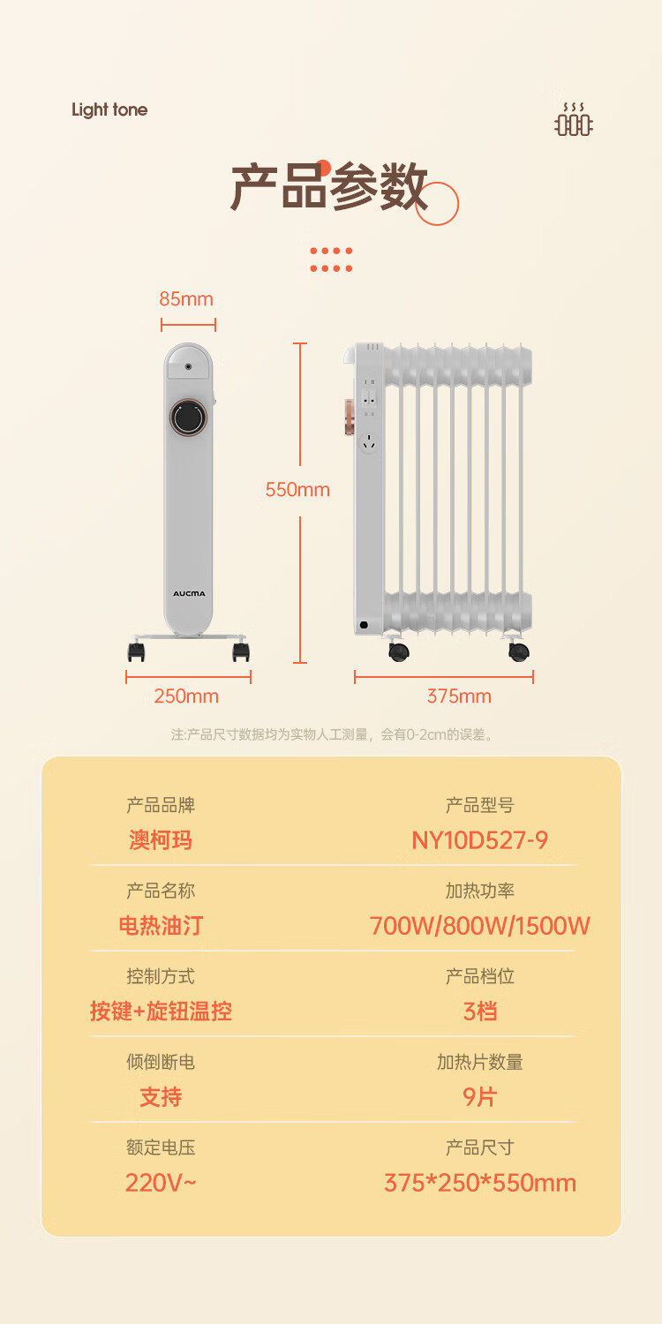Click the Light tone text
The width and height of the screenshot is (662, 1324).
pos(109,110)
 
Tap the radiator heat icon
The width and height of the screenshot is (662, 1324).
pos(574,120)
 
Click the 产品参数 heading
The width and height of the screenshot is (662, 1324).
pos(328,187)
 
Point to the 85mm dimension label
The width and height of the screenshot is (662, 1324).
pos(186,299)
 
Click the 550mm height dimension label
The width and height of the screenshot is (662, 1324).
pos(297,490)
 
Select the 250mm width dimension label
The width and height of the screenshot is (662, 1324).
pos(186,696)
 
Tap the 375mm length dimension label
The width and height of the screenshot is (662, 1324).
pos(459,696)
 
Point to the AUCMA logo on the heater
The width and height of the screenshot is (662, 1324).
pos(188,594)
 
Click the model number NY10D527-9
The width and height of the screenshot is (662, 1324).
pos(479,840)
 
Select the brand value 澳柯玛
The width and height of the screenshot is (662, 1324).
pos(160,840)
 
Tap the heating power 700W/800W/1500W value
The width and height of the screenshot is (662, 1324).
pos(479,926)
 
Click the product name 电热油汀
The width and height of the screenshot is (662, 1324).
pos(160,926)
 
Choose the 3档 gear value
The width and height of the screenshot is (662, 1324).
pos(479,1012)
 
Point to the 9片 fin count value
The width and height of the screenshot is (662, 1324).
pos(479,1097)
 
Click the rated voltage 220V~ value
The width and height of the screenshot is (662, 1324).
pos(160,1183)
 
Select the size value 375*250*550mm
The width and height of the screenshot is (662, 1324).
pos(479,1183)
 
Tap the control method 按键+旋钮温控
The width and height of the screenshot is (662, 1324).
pos(160,1012)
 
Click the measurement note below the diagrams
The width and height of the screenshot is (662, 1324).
pos(331,734)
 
